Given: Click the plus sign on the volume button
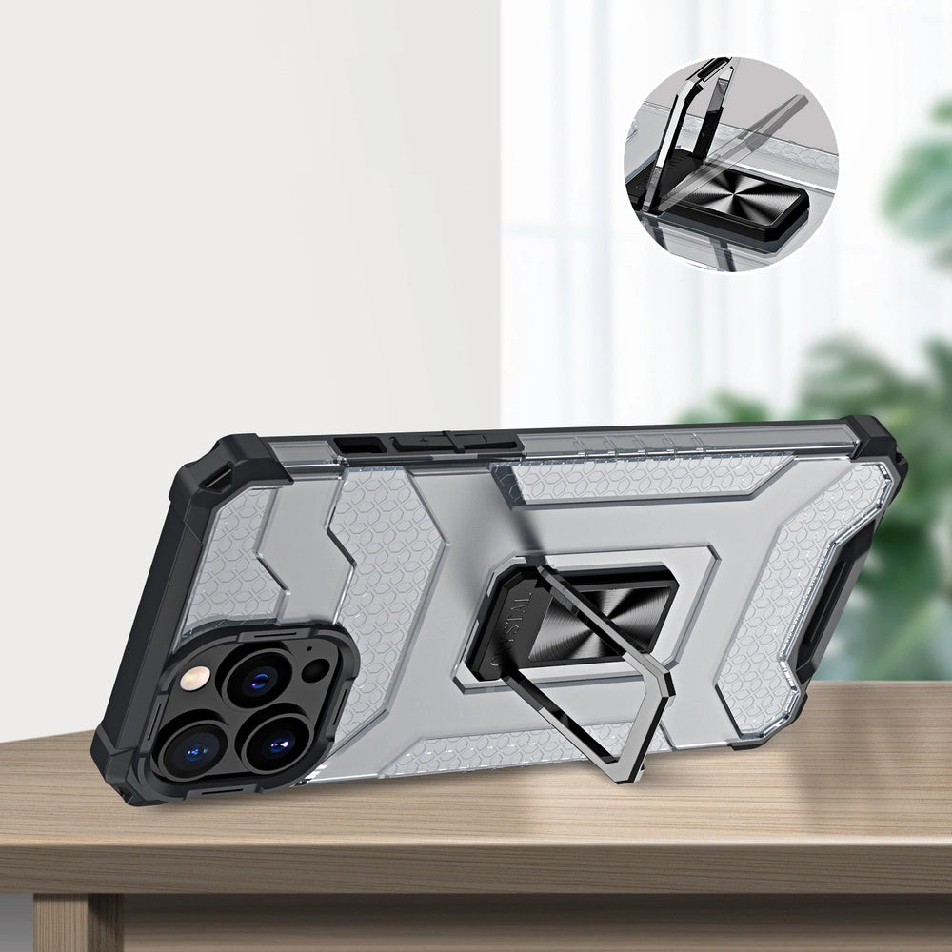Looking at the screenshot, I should (x=425, y=440).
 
